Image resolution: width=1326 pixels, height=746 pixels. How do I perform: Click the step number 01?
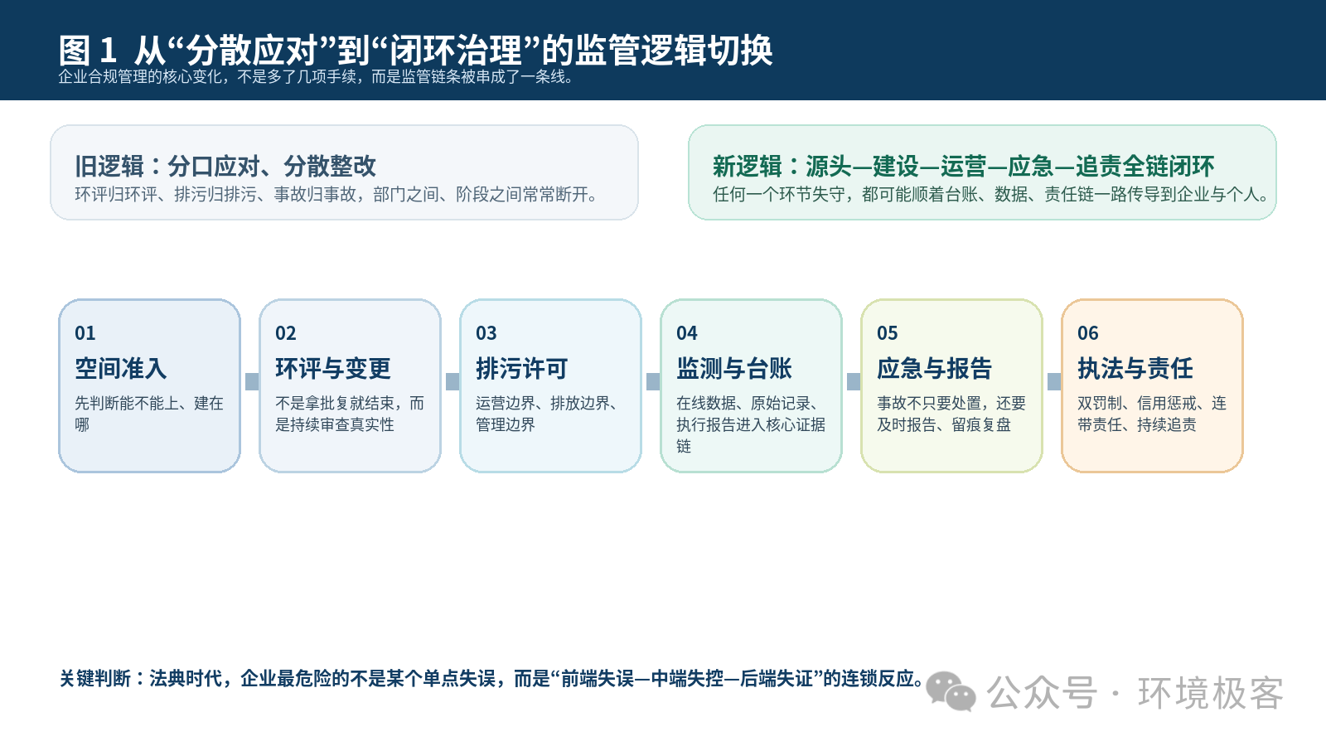coord(85,333)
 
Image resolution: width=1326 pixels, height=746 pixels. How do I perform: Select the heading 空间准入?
coord(121,368)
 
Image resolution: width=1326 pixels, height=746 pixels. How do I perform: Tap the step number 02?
coord(285,333)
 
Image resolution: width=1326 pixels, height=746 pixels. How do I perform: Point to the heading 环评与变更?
coord(332,368)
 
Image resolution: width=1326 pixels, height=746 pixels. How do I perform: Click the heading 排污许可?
coord(521,368)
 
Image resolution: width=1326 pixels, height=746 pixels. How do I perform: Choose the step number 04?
coord(687,333)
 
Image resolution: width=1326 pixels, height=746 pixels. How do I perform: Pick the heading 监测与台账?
coord(734,368)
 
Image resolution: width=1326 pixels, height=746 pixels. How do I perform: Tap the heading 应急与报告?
coord(934,368)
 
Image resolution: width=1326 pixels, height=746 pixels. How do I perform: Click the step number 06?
coord(1087,333)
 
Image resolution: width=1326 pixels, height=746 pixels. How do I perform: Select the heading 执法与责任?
coord(1135,368)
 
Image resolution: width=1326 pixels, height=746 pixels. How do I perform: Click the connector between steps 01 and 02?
coord(252,382)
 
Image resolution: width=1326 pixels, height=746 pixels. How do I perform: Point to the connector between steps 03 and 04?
coord(653,382)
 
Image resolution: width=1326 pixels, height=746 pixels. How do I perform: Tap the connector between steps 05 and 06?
coord(1054,382)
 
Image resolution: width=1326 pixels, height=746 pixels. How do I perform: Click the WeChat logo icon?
coord(951,691)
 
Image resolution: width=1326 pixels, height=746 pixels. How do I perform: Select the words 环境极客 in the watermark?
coord(1211,693)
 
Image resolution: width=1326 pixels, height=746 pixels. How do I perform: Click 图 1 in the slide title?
coord(88,50)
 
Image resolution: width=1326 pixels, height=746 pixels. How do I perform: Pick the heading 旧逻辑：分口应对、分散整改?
coord(225,167)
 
